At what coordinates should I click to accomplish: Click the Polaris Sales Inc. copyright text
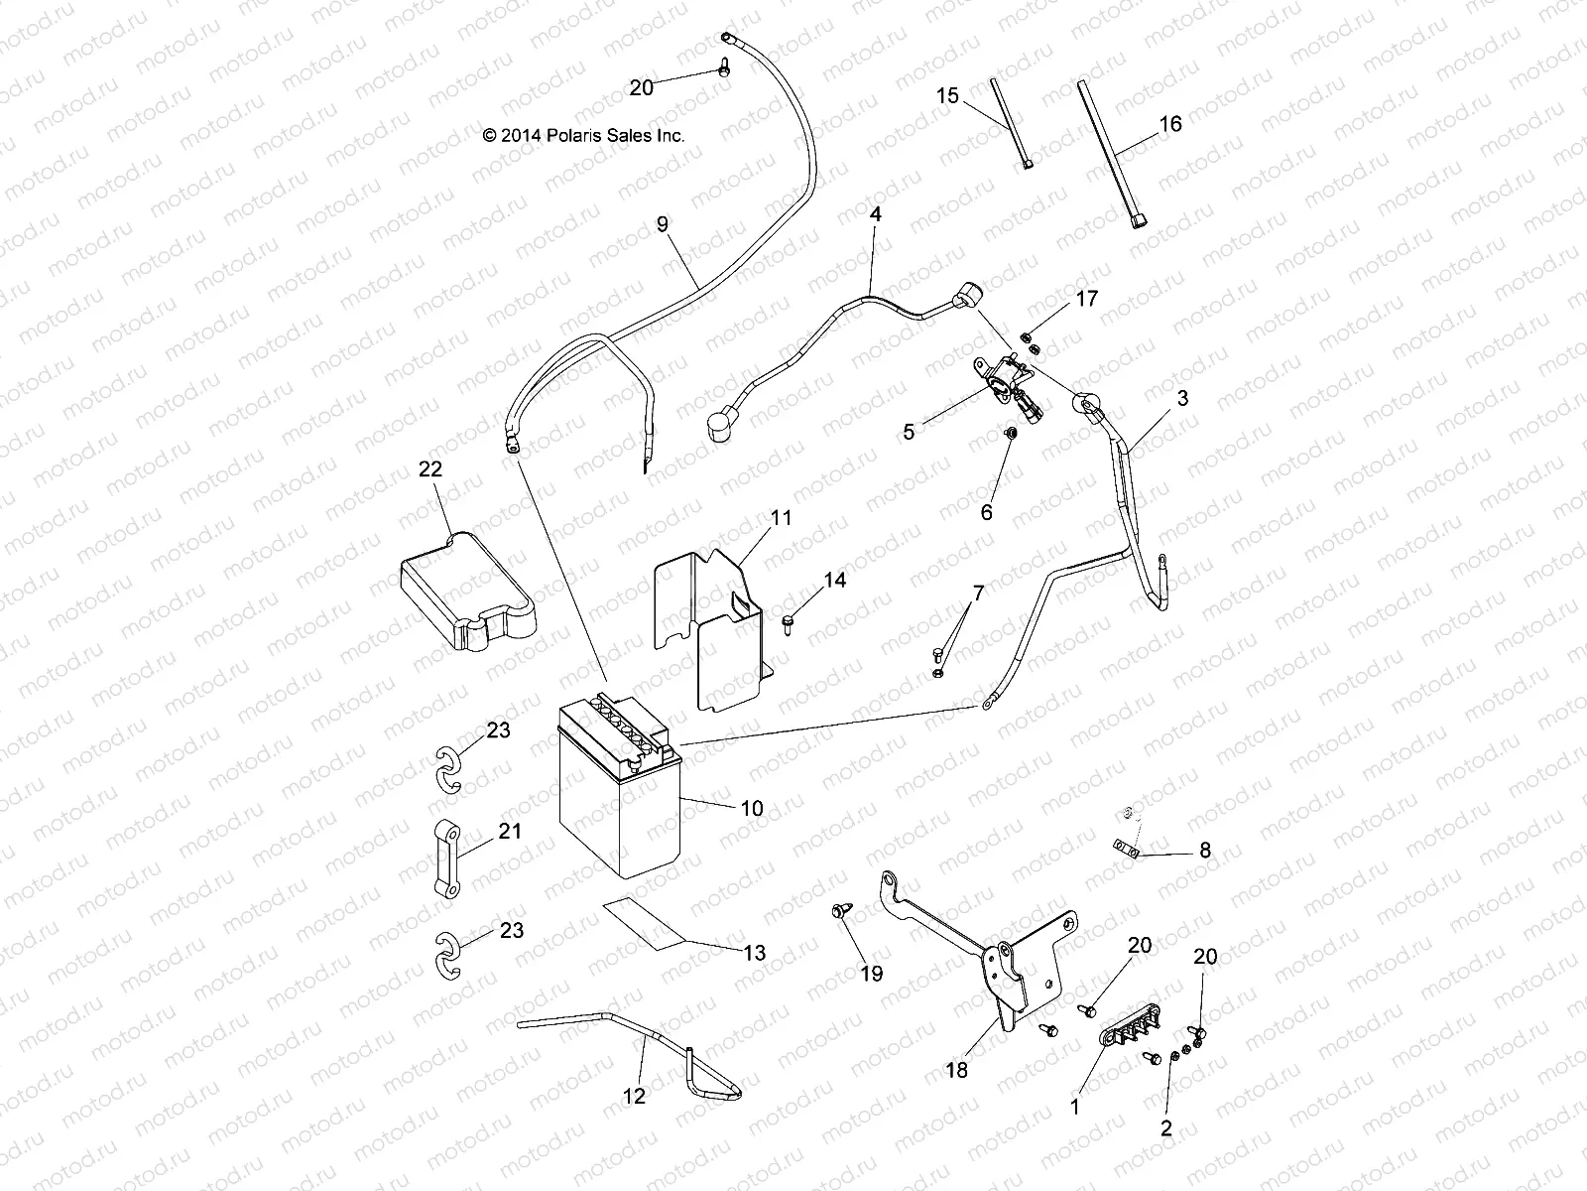[x=583, y=136]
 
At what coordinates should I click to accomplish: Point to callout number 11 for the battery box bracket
[x=781, y=517]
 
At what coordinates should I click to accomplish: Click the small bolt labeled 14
[x=789, y=623]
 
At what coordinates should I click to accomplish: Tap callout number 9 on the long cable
[x=663, y=224]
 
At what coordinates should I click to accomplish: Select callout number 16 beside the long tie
[x=1170, y=124]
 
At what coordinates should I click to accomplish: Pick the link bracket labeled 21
[x=445, y=859]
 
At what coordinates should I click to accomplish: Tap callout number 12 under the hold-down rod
[x=634, y=1096]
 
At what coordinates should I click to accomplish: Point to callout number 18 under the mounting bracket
[x=956, y=1070]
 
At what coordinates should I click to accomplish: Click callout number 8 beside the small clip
[x=1205, y=851]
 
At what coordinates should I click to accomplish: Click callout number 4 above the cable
[x=875, y=214]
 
